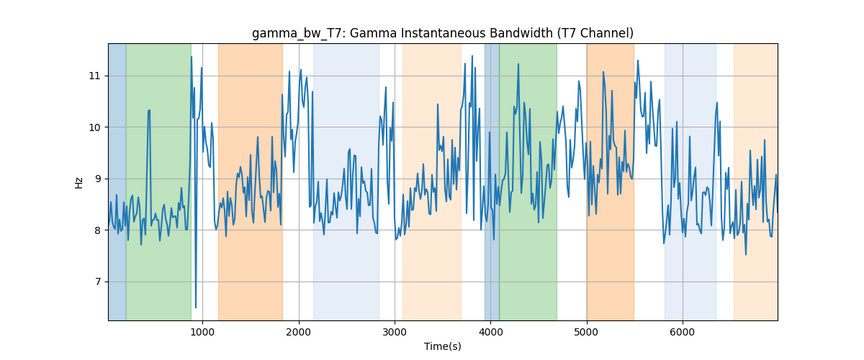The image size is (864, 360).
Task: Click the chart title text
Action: (442, 34)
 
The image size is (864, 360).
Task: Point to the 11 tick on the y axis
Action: (94, 76)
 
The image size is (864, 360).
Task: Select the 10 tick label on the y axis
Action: (94, 127)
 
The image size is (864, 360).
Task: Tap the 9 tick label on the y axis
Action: (97, 179)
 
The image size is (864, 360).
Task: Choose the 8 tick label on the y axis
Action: (97, 230)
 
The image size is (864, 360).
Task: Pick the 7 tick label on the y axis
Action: (97, 282)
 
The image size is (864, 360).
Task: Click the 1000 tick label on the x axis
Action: (202, 332)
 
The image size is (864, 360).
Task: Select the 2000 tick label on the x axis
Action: (299, 332)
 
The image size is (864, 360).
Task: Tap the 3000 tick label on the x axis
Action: (395, 332)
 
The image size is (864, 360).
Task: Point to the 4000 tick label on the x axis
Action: (490, 332)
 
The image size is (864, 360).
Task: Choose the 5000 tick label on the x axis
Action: (587, 332)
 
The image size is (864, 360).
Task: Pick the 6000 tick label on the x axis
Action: (683, 332)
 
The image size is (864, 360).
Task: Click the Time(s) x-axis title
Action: (442, 346)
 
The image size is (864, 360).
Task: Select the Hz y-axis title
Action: (78, 183)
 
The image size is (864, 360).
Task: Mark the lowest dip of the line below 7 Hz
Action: (196, 307)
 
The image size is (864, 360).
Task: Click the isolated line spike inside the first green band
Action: (149, 111)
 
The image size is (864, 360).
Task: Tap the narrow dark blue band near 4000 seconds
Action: (492, 181)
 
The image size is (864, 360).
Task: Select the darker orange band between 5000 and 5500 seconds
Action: (611, 181)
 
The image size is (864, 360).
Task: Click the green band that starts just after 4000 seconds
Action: (528, 181)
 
